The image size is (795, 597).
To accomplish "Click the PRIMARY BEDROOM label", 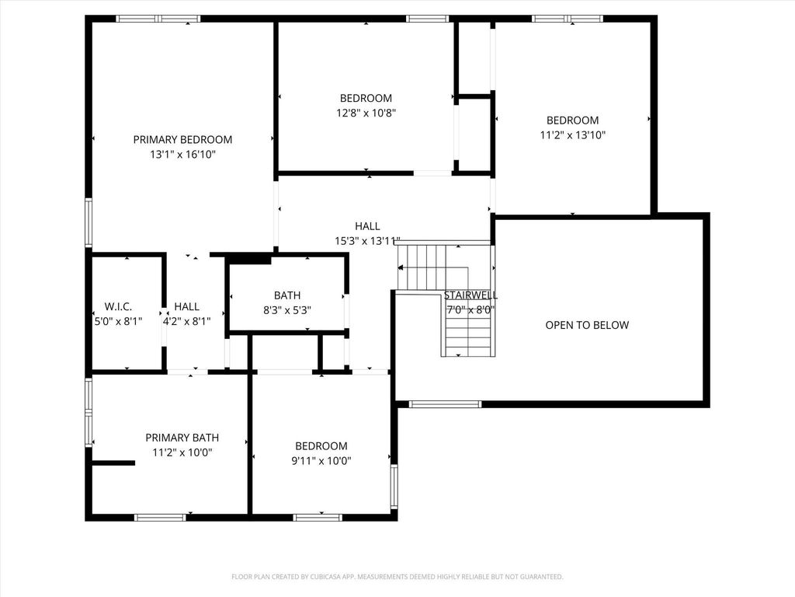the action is (182, 140).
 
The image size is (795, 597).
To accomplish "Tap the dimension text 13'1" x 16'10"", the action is (182, 155).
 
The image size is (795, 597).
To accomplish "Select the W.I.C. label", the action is (118, 306).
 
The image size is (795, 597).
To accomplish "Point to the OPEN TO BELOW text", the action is (587, 325).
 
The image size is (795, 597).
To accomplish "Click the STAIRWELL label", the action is (470, 295).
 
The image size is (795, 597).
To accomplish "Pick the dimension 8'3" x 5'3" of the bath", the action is (287, 310).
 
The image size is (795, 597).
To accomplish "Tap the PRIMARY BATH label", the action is (182, 438).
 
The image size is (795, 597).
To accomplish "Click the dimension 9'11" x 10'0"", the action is (321, 461).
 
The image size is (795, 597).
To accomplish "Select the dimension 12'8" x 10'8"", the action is (366, 113).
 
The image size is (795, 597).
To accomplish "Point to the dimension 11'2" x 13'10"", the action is (572, 135).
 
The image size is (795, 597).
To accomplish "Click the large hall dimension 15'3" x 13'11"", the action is (367, 241).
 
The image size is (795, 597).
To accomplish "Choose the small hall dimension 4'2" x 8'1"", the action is (186, 321).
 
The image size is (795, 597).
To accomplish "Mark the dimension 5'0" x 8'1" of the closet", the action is (118, 321).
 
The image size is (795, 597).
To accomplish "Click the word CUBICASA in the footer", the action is (332, 577).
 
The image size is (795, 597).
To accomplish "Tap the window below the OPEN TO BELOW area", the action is (445, 404).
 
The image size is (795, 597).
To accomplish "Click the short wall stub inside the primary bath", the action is (113, 463).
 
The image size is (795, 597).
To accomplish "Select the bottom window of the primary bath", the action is (160, 517).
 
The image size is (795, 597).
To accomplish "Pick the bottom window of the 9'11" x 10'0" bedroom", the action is (318, 517).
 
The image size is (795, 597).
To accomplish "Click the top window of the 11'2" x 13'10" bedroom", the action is (568, 19).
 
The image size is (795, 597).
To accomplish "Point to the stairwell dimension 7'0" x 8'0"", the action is (470, 309).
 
